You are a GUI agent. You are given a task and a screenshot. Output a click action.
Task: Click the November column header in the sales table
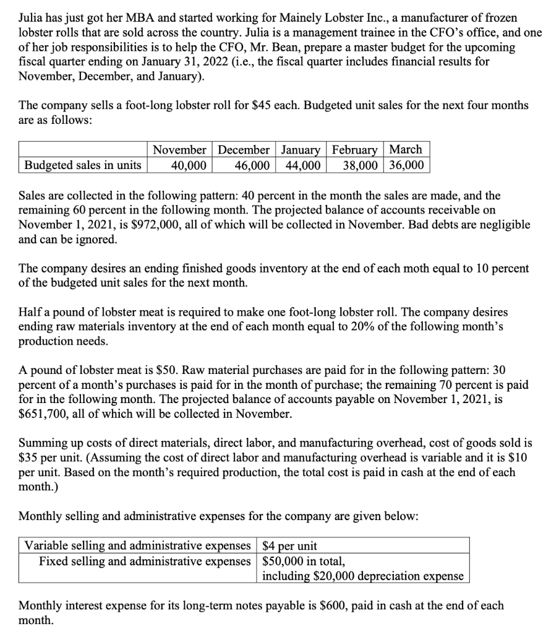click(179, 150)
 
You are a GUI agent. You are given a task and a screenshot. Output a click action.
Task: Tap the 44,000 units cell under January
click(302, 165)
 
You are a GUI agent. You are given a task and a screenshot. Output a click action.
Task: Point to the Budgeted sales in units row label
click(82, 165)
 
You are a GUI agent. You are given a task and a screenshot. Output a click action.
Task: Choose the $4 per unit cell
click(290, 545)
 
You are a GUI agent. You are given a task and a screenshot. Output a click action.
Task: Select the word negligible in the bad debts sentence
click(502, 224)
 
